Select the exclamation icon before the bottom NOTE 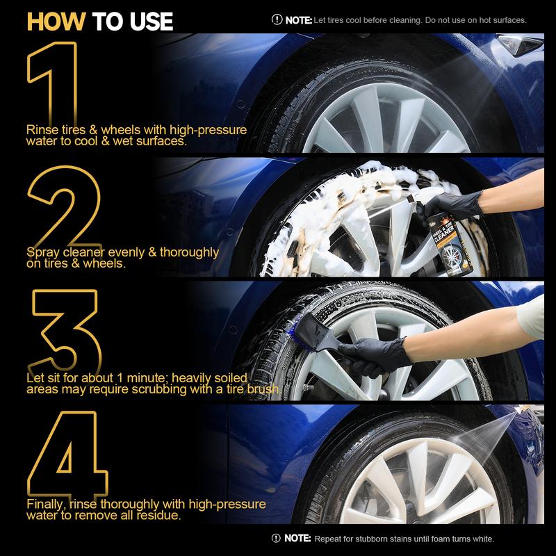pos(277,539)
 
